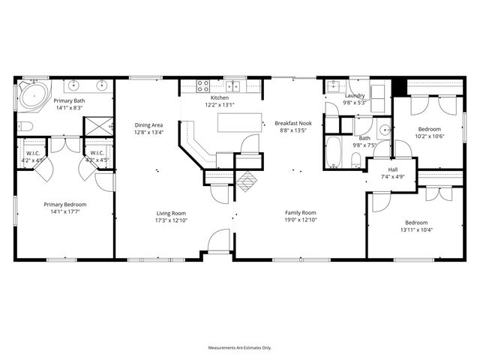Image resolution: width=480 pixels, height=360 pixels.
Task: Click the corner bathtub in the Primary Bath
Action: coord(32,96)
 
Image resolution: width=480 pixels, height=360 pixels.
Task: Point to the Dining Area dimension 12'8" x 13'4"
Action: coord(148,132)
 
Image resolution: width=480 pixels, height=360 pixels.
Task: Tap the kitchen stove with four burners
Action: coord(202,85)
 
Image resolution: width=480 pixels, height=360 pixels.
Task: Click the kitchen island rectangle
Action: coord(240,122)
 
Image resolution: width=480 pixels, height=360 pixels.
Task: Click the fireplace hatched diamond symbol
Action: coord(246,180)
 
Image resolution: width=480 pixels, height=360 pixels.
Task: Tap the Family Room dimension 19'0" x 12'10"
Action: coord(300,220)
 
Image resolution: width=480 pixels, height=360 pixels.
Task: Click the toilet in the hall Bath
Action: coord(357,159)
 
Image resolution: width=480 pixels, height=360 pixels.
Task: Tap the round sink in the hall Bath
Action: coord(383,130)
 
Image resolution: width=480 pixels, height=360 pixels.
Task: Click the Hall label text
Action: coord(393,169)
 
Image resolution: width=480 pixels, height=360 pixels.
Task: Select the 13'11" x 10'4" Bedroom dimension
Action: coord(416,229)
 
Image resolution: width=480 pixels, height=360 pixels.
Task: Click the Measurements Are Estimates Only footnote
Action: coord(240,347)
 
